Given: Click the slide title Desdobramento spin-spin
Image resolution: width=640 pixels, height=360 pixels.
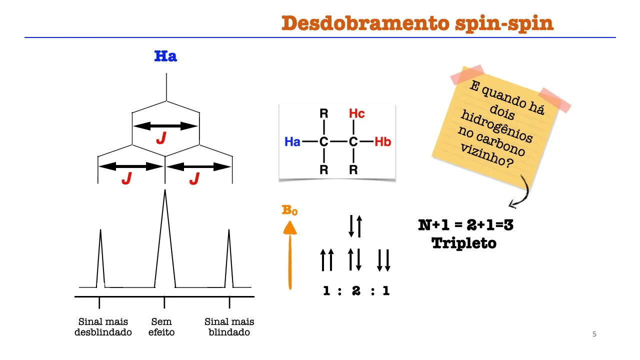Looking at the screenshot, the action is click(417, 23).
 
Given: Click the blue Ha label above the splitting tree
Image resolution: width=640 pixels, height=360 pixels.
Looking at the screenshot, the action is click(165, 56).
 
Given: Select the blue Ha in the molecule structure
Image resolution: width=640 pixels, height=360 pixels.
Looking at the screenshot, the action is click(292, 142).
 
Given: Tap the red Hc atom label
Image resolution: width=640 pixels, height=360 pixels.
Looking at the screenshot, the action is click(356, 114).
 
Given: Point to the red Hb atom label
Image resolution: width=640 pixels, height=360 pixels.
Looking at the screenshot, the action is click(382, 142).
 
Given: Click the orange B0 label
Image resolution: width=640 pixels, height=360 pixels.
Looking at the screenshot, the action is click(290, 210).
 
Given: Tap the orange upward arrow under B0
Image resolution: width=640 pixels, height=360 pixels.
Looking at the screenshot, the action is click(290, 255).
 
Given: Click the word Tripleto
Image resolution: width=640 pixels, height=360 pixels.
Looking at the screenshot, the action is click(464, 243).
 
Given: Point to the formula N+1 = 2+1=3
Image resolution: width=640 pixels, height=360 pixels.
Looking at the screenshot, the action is click(465, 225).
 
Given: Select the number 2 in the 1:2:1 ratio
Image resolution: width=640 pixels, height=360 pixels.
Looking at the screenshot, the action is click(356, 290).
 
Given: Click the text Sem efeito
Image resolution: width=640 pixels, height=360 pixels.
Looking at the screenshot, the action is click(161, 327).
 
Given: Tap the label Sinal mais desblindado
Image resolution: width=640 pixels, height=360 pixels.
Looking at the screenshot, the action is click(103, 327).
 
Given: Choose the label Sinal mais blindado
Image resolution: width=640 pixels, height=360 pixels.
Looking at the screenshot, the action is click(229, 327).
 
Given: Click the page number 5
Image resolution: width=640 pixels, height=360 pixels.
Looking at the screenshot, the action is click(594, 334).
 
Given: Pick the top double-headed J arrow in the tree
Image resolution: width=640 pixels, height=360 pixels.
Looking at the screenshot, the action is click(165, 126).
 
